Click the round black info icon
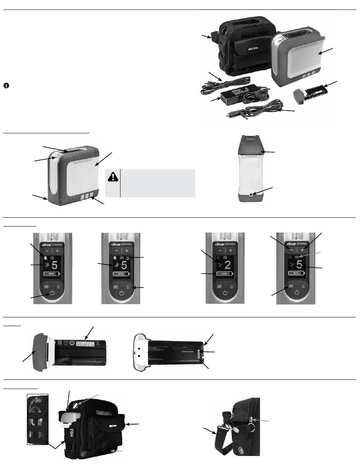tap(6, 86)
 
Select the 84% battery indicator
tap(224, 273)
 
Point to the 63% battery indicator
tap(297, 272)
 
